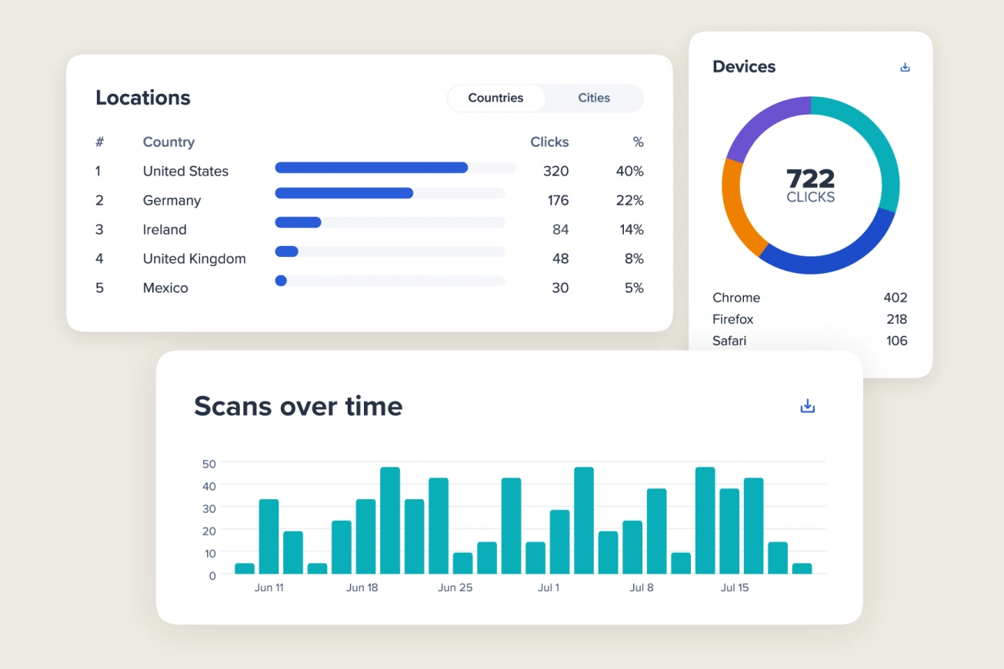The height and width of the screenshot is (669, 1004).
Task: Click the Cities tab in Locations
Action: tap(594, 98)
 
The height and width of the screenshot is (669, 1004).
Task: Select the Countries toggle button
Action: tap(496, 98)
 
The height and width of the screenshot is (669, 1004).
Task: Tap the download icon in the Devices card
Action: tap(905, 67)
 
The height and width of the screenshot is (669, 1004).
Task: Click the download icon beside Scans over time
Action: tap(807, 406)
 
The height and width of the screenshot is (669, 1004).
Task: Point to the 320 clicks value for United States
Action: tap(555, 171)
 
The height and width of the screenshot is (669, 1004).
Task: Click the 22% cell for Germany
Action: tap(630, 200)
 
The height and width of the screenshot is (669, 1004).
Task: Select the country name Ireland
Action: tap(165, 229)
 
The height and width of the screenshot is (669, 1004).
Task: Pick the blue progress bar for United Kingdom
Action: tap(287, 251)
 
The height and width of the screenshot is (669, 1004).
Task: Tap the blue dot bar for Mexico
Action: tap(281, 281)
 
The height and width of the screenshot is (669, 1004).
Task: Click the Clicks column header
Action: tap(549, 142)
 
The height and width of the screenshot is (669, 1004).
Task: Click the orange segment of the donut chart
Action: tap(740, 211)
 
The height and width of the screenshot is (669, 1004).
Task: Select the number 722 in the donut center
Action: tap(810, 178)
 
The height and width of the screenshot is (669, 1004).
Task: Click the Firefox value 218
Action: tap(896, 319)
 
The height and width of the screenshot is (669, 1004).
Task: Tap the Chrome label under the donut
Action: tap(736, 298)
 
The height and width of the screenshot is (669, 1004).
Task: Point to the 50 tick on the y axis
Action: tap(208, 464)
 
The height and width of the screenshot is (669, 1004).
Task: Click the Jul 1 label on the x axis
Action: tap(549, 587)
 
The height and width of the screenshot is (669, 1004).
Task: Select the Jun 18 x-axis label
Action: tap(362, 587)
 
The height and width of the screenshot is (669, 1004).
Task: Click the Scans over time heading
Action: tap(298, 406)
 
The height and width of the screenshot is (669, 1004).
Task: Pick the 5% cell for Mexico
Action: tap(634, 288)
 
